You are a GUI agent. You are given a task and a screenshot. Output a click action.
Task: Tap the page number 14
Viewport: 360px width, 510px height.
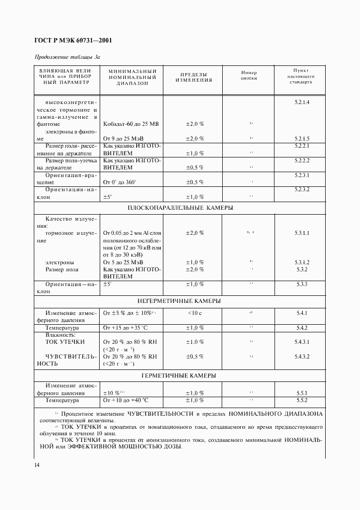click(x=36, y=464)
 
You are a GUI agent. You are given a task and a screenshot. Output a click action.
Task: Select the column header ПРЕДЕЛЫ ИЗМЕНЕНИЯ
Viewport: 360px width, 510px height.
click(x=193, y=77)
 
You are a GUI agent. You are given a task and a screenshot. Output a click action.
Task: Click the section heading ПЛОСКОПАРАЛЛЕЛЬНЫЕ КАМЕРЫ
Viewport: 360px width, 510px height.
click(x=180, y=208)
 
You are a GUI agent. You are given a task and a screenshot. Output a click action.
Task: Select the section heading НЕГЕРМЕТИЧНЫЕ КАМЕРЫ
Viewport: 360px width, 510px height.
click(x=180, y=301)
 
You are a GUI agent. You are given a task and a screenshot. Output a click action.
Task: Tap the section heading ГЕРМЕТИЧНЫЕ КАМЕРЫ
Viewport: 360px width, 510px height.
click(x=180, y=376)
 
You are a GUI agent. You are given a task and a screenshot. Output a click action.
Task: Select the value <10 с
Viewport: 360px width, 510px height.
click(x=194, y=313)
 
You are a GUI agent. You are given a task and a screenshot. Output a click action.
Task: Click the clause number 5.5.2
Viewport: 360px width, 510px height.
click(x=302, y=400)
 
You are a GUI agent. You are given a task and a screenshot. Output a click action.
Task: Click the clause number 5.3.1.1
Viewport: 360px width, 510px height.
click(x=302, y=233)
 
